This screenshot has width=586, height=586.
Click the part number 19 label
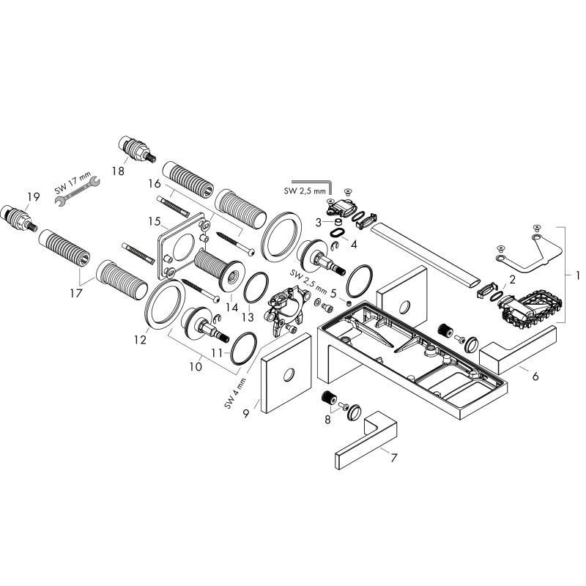coord(33,196)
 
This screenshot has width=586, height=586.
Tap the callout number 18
coord(118,171)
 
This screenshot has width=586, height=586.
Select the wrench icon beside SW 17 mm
coord(78,191)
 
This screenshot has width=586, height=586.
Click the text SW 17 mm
coord(73,182)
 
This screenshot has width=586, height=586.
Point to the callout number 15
coord(155,221)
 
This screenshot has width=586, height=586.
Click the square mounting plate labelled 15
coord(182,246)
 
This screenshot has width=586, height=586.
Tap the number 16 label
coord(155,184)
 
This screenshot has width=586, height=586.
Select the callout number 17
coord(76,293)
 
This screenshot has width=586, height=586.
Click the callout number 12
coord(141,340)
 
